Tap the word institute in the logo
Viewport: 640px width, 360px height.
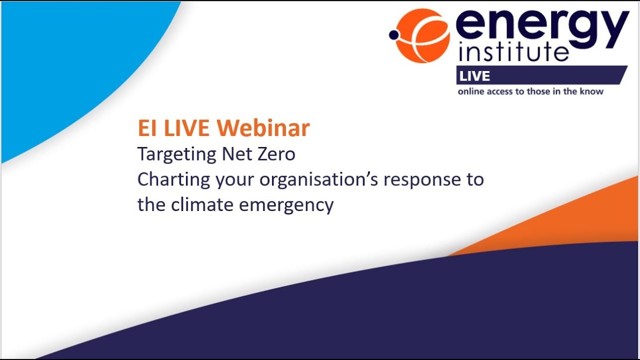513,51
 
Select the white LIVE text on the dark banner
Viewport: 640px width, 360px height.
475,76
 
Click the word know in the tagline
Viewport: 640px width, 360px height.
591,91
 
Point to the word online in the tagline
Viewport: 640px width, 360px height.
471,91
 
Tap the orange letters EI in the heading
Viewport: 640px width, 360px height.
146,128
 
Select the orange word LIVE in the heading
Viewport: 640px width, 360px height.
184,128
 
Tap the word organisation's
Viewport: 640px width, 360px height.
318,180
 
